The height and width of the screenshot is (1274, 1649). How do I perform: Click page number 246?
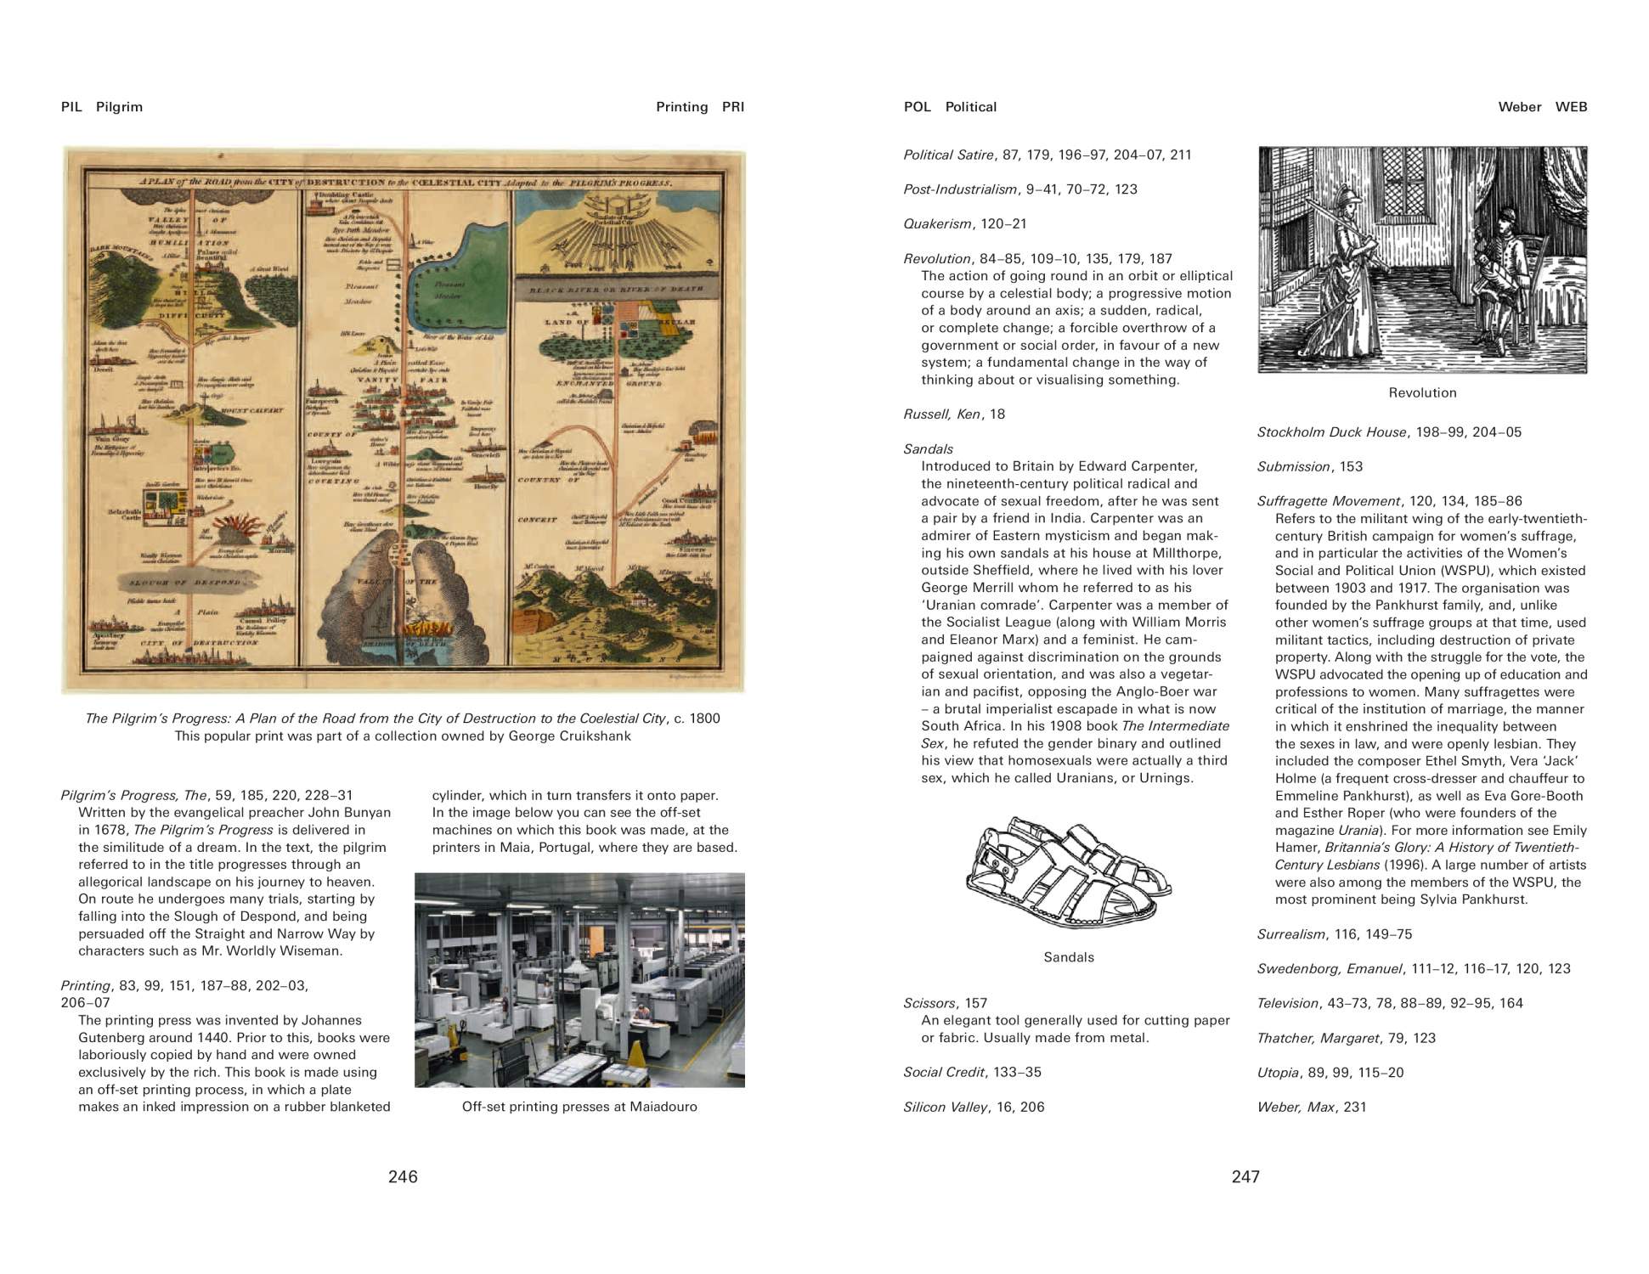click(x=403, y=1176)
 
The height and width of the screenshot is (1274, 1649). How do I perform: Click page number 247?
click(x=1245, y=1176)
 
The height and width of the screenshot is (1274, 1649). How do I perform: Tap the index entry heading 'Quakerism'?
click(x=937, y=224)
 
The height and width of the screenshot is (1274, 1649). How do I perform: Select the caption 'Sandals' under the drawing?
click(x=1069, y=957)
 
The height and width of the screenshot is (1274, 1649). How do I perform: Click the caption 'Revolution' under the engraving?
click(x=1422, y=392)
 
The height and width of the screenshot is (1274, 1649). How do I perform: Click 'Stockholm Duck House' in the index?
click(x=1331, y=432)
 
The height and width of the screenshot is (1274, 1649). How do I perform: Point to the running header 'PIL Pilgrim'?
click(x=102, y=107)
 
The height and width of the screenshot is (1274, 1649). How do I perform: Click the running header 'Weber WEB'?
click(x=1542, y=107)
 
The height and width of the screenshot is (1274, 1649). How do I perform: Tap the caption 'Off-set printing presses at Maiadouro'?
click(x=579, y=1107)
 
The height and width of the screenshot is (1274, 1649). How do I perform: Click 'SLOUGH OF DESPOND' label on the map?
click(x=186, y=583)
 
